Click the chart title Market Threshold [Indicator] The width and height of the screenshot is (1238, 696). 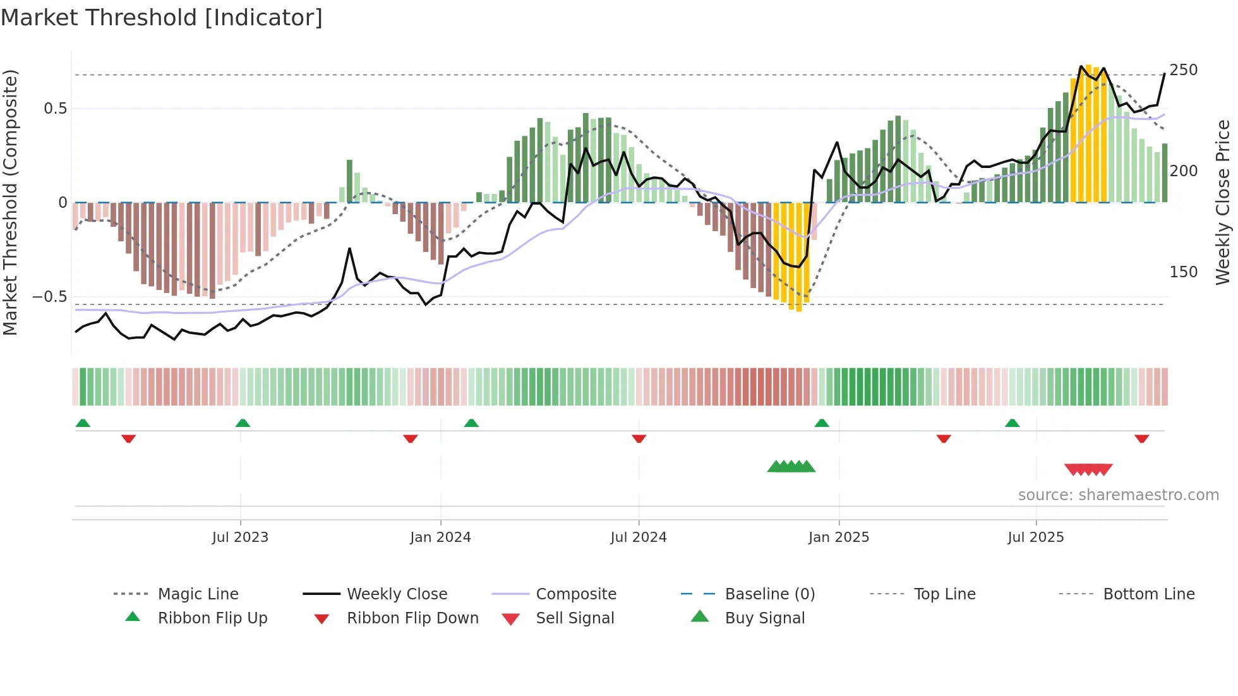(x=162, y=18)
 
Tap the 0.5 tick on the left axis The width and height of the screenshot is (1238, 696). (x=56, y=109)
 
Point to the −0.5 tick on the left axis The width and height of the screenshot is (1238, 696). (x=50, y=297)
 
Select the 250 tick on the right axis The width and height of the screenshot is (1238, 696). (x=1183, y=70)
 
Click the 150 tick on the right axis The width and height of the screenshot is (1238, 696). (x=1183, y=272)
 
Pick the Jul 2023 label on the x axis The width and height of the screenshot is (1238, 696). (x=240, y=537)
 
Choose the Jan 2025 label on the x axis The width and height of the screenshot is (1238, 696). (x=838, y=537)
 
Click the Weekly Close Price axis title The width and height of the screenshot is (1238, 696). (x=1223, y=202)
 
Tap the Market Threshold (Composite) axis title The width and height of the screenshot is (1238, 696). (x=10, y=202)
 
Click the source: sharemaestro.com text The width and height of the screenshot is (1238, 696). (x=1118, y=495)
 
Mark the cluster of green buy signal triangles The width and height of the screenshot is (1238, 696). (x=791, y=467)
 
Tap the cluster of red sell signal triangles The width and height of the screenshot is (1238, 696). (x=1088, y=469)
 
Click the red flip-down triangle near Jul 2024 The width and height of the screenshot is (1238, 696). (x=639, y=438)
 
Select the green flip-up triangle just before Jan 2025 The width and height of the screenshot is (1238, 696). (x=821, y=423)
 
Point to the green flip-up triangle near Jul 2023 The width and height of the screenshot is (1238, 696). (x=243, y=423)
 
